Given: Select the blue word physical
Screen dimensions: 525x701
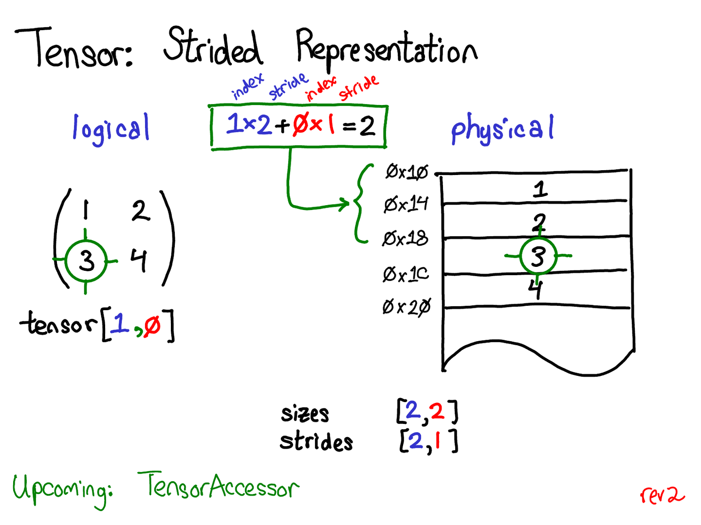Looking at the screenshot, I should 502,128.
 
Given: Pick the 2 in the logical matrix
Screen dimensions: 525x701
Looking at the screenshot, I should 141,210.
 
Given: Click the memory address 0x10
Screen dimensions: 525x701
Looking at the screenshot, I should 407,172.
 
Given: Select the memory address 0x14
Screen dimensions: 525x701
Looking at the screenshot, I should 406,204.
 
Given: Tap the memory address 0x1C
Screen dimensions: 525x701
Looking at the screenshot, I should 406,275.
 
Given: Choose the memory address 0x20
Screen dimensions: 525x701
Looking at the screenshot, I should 406,307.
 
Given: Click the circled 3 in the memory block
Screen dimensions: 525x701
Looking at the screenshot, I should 538,256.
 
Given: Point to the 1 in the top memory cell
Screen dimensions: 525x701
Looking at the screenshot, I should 540,189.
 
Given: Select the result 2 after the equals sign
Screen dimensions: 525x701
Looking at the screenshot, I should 367,126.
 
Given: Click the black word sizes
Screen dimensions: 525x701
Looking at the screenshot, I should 305,414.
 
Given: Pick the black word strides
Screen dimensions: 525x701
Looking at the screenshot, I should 316,441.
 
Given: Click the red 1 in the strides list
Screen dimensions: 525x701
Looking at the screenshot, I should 438,440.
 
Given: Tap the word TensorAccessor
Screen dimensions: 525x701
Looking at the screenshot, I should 218,486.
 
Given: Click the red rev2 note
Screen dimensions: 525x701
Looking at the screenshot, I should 662,495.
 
